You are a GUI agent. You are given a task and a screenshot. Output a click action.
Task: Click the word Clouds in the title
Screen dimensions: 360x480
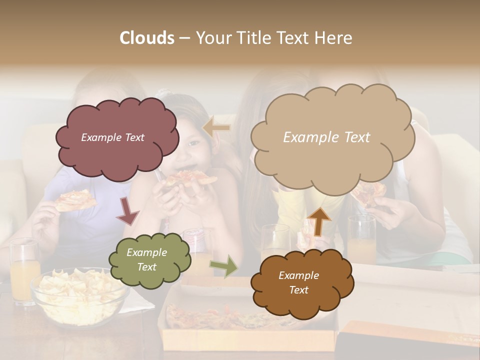coord(147,38)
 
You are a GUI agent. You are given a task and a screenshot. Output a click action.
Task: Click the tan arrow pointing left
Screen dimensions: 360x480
coord(217,128)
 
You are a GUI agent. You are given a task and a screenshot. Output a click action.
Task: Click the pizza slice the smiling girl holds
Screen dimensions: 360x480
coord(189,178)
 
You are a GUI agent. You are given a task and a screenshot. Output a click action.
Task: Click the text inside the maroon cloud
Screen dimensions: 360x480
coord(112,137)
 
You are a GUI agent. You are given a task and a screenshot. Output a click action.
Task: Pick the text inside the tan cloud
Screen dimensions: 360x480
coord(326,137)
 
